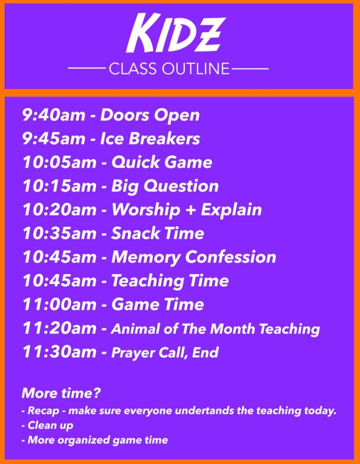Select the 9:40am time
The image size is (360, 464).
tap(53, 115)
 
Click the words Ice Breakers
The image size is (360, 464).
tap(150, 138)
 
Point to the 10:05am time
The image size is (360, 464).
tap(60, 162)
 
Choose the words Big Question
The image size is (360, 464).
tap(165, 187)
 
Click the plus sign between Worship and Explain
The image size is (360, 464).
tap(190, 210)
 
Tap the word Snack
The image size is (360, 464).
tap(135, 233)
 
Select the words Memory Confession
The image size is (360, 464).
tap(194, 257)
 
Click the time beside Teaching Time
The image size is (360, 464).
tap(60, 281)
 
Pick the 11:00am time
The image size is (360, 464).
tap(60, 304)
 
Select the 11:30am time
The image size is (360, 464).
tap(60, 352)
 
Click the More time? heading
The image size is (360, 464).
tap(61, 393)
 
